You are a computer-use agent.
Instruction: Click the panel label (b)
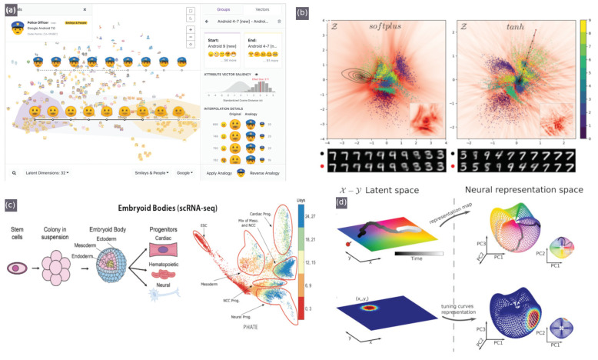(x=321, y=11)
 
